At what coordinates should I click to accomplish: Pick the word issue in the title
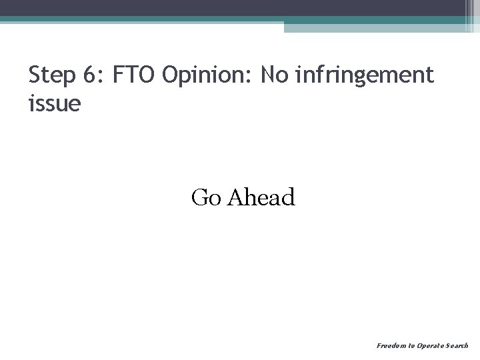[x=54, y=103]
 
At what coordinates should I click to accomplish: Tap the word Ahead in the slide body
[x=261, y=197]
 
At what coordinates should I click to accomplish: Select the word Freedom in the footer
[x=390, y=346]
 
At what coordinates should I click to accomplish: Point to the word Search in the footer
[x=458, y=346]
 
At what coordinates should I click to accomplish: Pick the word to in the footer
[x=411, y=346]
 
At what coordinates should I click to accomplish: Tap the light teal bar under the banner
[x=373, y=27]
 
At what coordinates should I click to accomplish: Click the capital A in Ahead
[x=235, y=197]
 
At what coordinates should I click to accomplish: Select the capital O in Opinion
[x=169, y=77]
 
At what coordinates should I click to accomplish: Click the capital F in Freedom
[x=379, y=346]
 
